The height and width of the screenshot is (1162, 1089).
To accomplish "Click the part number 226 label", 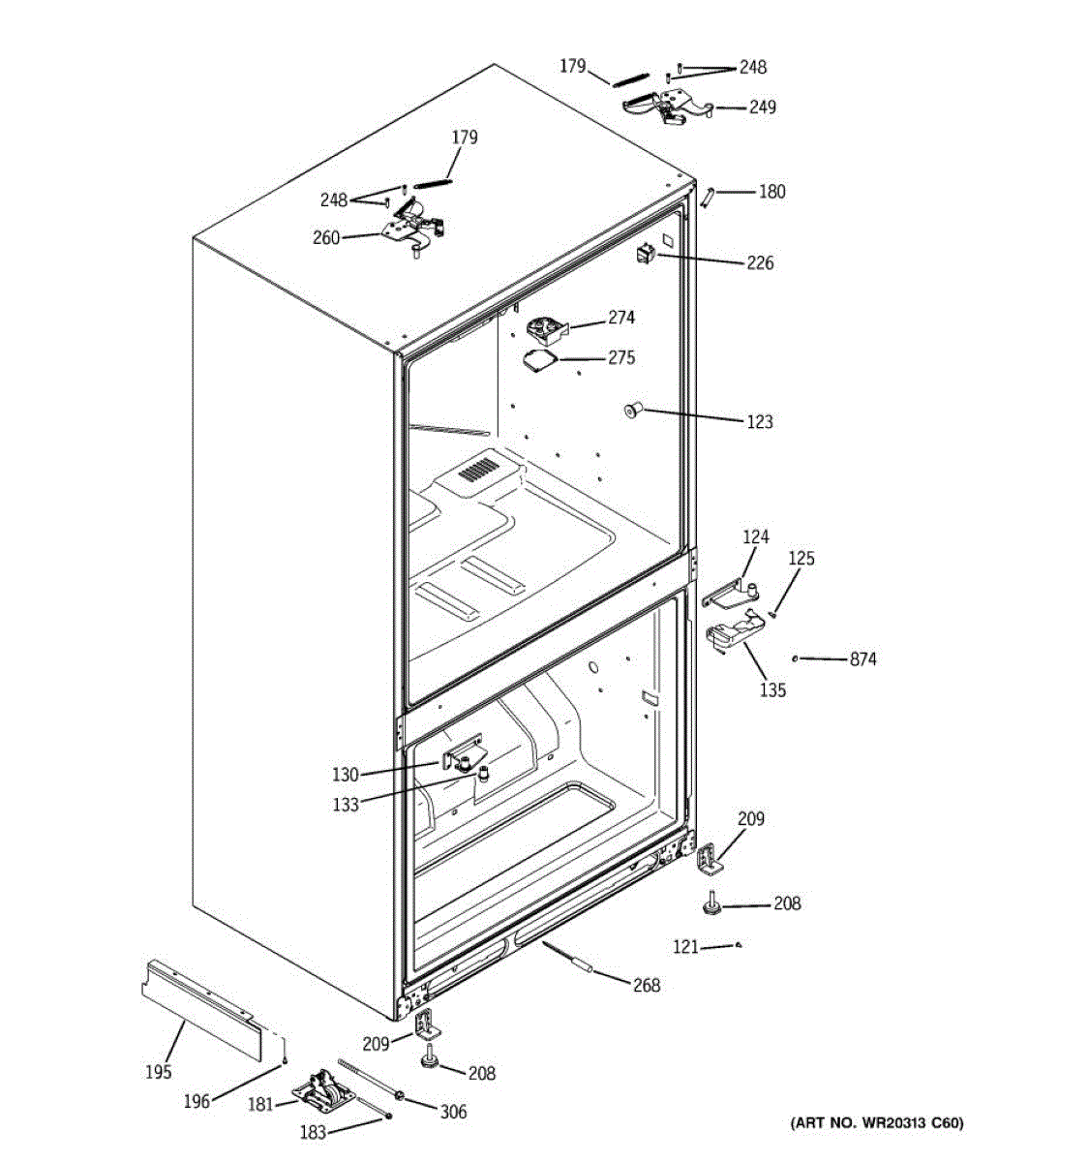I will (x=760, y=262).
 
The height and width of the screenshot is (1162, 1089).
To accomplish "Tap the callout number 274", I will (x=621, y=318).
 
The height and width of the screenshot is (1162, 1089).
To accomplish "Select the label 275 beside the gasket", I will (x=621, y=358).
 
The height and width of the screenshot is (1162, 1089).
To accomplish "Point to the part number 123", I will (x=760, y=422).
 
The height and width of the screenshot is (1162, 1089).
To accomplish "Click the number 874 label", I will (x=862, y=659).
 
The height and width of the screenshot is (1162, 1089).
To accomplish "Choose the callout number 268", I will (x=646, y=986).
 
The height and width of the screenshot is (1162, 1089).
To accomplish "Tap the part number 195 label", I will (x=158, y=1071).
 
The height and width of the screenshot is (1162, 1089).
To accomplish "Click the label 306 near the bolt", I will (x=453, y=1113).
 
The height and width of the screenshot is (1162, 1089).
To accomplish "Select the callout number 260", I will (x=326, y=237).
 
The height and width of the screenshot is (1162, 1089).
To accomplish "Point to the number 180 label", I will (x=771, y=192).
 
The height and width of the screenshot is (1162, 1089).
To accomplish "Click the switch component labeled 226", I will (x=645, y=255).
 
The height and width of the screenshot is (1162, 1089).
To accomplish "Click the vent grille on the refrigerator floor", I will (x=476, y=472).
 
